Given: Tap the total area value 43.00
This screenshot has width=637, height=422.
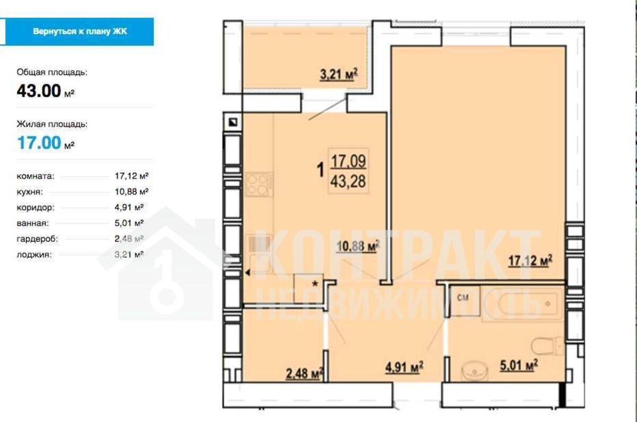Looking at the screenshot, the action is [x=39, y=91].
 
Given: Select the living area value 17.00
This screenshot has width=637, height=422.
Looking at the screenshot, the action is [x=39, y=143].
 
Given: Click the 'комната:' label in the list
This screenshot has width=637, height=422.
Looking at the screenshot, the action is [x=36, y=177].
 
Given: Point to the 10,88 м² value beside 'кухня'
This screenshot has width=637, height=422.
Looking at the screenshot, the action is [x=132, y=192].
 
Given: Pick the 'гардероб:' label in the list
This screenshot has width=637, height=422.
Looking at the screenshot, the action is [x=37, y=239].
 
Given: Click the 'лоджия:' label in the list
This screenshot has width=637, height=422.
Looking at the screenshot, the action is [x=35, y=254].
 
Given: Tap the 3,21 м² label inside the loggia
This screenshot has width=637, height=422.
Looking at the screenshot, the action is [x=339, y=75].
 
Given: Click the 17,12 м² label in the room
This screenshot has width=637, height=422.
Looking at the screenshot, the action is [x=530, y=261].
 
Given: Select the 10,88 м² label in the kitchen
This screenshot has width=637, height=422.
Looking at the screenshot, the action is [x=358, y=246].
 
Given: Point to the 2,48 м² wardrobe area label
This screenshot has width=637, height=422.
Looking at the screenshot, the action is [x=305, y=373].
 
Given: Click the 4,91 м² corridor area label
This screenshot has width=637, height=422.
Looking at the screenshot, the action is [x=404, y=367].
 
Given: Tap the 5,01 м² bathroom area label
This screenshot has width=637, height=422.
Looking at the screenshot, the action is [x=519, y=365].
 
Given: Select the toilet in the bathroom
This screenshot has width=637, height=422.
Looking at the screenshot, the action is [x=547, y=346].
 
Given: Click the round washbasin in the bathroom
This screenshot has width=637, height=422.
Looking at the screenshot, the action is [x=474, y=371].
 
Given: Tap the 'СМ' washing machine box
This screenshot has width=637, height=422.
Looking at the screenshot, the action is [x=464, y=301].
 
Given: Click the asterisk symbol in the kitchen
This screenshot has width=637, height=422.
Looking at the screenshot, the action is [x=315, y=284].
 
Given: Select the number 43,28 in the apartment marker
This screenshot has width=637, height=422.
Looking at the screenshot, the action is [x=348, y=181].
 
